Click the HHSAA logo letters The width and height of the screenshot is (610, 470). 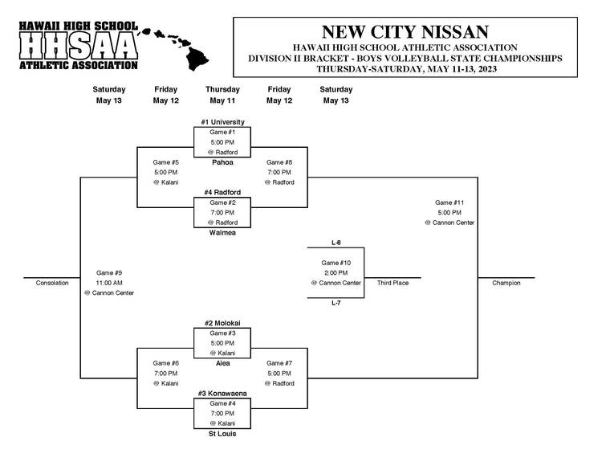click(78, 45)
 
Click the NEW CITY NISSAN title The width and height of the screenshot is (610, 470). click(405, 32)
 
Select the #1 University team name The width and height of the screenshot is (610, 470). click(222, 122)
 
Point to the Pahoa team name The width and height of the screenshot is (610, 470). click(222, 162)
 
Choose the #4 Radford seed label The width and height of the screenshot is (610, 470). click(222, 192)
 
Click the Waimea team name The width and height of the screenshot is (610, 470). click(222, 232)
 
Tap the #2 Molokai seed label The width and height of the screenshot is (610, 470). click(222, 323)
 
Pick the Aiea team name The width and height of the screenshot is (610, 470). click(223, 363)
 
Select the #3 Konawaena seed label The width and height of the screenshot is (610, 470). click(222, 394)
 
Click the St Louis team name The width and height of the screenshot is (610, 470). click(222, 434)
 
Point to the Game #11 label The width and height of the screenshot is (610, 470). click(449, 202)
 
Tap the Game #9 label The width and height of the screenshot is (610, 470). click(109, 273)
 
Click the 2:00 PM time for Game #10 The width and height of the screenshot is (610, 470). click(335, 273)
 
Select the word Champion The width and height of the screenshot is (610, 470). click(506, 283)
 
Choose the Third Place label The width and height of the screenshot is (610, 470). click(392, 283)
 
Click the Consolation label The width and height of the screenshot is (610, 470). click(52, 283)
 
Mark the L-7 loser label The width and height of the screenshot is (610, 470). click(336, 303)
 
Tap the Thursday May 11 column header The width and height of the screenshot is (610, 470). click(222, 95)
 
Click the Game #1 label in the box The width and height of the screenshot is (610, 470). click(222, 132)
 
